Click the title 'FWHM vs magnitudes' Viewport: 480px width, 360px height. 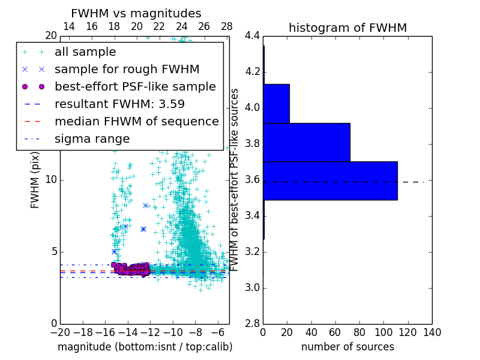point(136,13)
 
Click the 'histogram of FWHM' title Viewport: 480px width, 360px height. point(347,28)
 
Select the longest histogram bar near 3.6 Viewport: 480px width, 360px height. point(330,181)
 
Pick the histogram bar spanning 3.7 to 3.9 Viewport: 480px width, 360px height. point(306,142)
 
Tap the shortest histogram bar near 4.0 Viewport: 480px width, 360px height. point(276,103)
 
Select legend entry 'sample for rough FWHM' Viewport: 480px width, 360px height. point(127,69)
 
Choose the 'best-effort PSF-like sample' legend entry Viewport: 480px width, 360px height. point(135,86)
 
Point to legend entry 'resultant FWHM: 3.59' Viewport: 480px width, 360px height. point(119,104)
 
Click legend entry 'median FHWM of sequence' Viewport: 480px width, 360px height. point(136,121)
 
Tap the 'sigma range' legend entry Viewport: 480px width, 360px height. point(92,139)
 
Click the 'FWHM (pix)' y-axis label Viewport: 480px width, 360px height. point(35,180)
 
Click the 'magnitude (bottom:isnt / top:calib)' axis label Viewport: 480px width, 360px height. point(145,347)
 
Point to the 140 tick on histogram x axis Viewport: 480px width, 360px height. point(431,332)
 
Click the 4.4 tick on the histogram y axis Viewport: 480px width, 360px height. point(252,36)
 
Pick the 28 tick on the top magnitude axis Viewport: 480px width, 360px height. point(227,26)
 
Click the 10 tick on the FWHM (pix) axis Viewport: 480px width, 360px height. point(52,180)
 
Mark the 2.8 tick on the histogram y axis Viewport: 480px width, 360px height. point(252,323)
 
